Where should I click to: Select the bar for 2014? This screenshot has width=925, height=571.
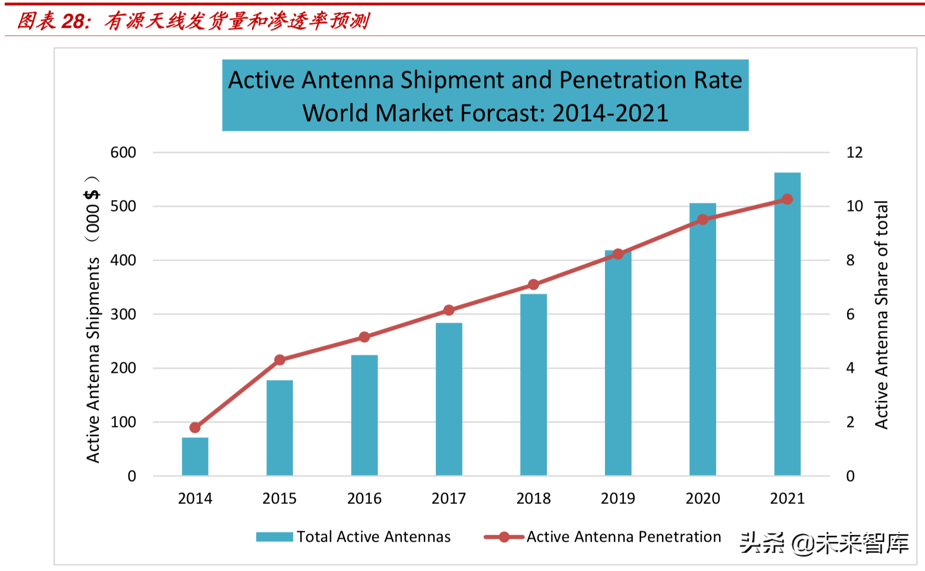tap(195, 457)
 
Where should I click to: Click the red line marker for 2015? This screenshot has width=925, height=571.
tap(280, 360)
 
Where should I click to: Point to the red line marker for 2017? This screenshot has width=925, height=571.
tap(449, 310)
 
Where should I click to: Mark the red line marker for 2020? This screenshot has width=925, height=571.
tap(703, 219)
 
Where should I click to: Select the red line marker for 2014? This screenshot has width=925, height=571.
tap(195, 428)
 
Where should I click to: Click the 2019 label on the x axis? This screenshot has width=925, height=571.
tap(618, 498)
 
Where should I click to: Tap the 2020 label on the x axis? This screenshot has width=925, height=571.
tap(703, 498)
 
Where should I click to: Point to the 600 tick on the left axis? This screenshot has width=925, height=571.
tap(123, 152)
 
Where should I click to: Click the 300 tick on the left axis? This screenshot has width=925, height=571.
tap(123, 314)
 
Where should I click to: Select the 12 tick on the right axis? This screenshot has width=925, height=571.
tap(855, 152)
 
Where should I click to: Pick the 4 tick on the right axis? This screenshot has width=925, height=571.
tap(851, 368)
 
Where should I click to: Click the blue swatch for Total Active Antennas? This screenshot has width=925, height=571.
tap(274, 537)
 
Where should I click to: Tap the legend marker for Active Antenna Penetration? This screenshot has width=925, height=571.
tap(504, 537)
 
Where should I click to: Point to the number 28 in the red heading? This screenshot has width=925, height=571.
tap(73, 21)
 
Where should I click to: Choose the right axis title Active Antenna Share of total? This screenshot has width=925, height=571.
tap(881, 315)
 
